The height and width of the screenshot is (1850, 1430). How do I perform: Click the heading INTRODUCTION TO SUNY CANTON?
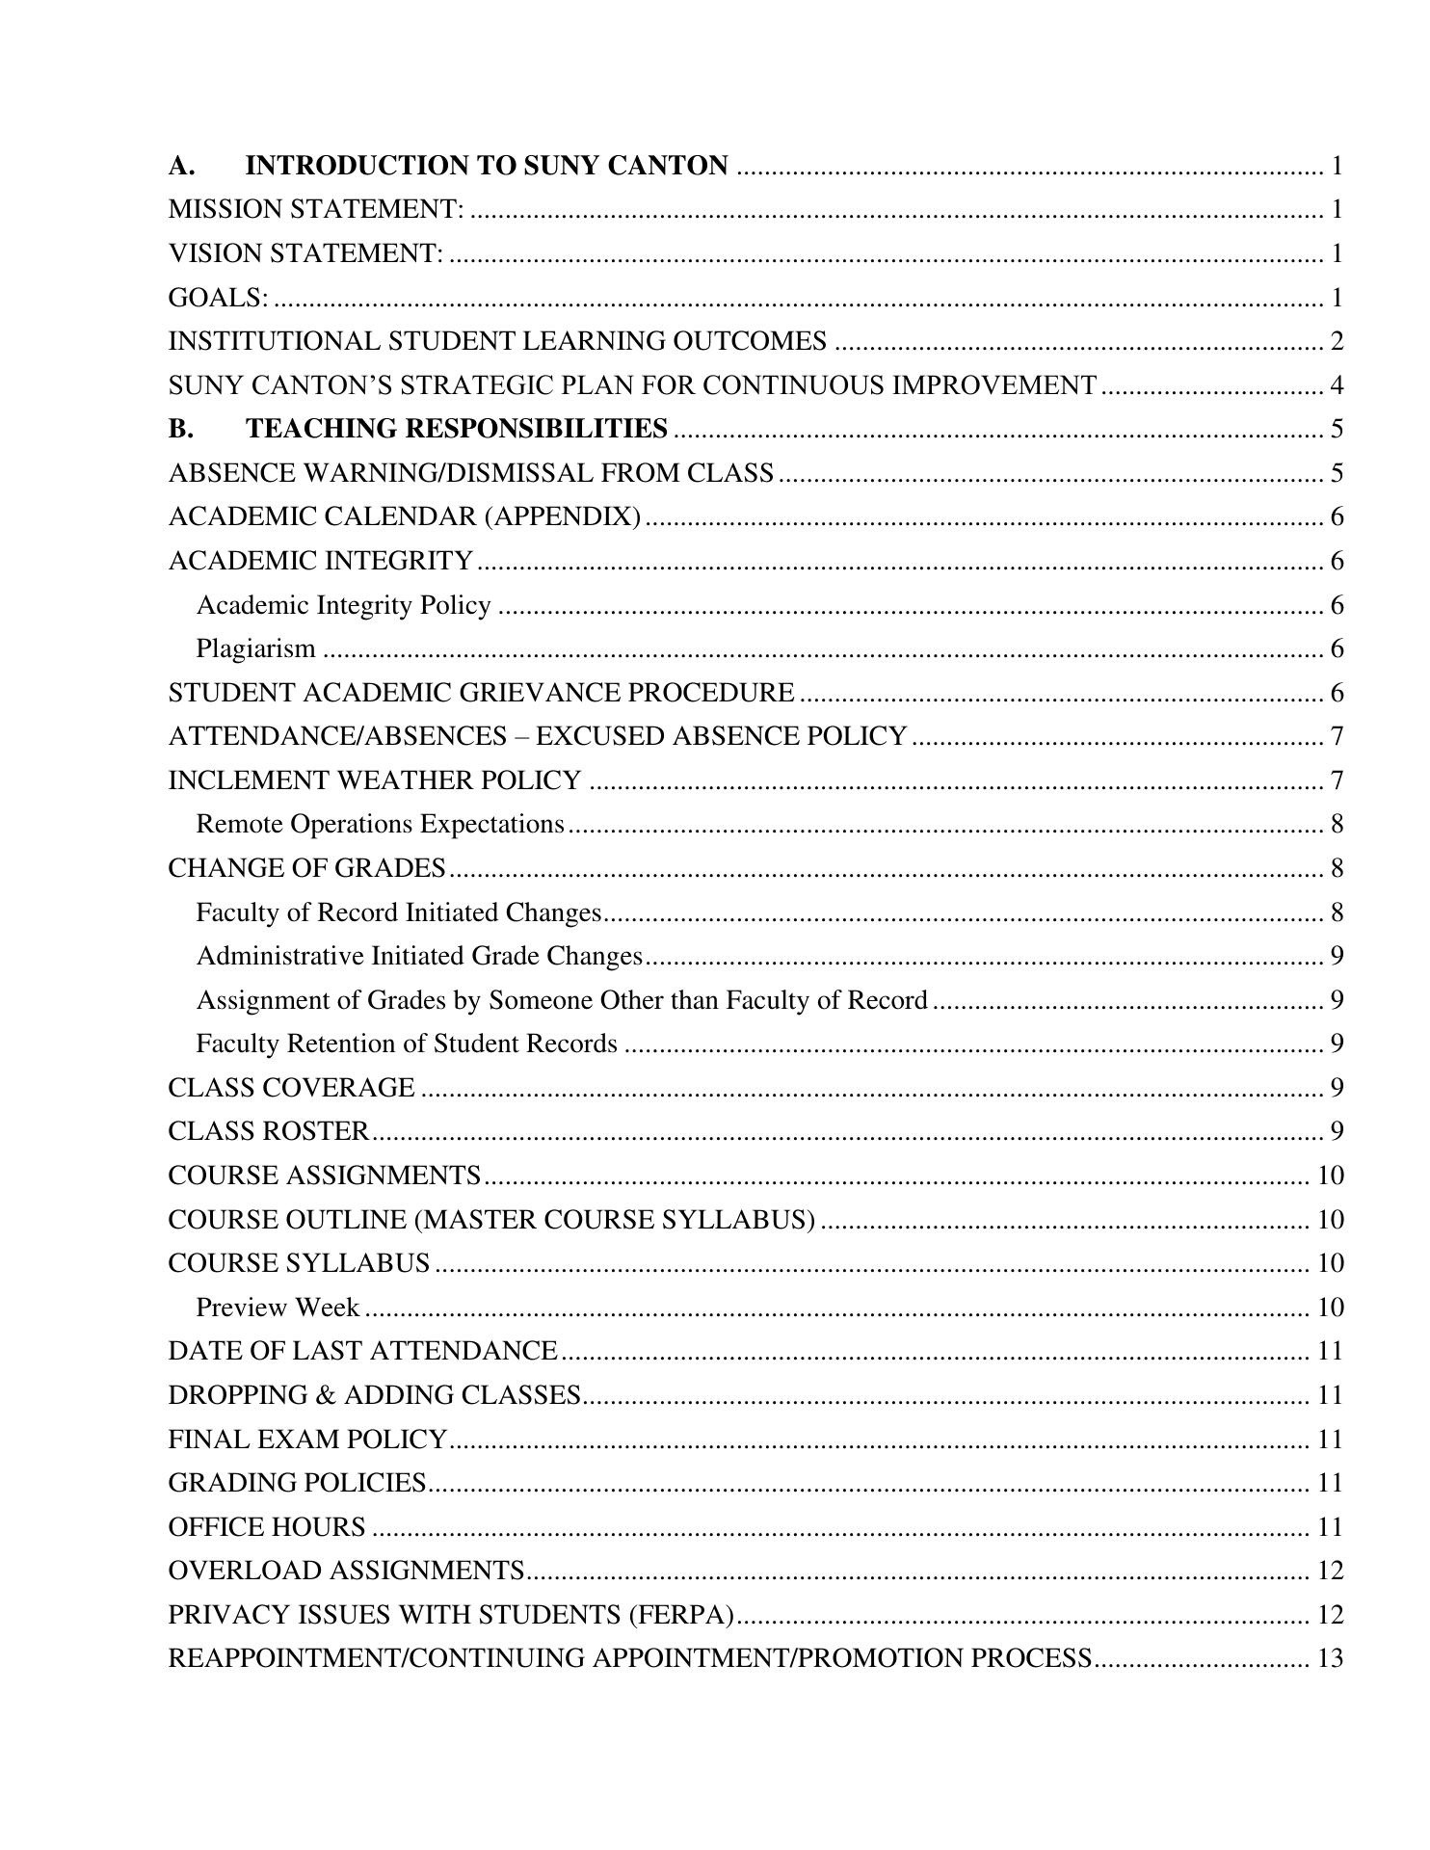click(x=487, y=166)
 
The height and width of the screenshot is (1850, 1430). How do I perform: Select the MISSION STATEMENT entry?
click(x=315, y=209)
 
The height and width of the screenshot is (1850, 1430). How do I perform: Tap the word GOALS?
click(x=218, y=298)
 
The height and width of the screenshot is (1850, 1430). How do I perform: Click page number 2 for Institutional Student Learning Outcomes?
click(x=1337, y=341)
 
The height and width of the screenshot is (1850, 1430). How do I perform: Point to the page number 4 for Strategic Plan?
click(x=1337, y=385)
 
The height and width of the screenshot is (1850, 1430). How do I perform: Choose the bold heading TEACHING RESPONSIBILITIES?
click(x=457, y=429)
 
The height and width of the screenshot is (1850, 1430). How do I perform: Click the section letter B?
click(x=180, y=429)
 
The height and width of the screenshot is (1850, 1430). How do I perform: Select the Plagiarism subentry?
click(x=255, y=648)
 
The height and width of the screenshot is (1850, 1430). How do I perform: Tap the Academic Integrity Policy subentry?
click(x=343, y=605)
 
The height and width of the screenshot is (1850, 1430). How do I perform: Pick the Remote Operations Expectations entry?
click(x=380, y=824)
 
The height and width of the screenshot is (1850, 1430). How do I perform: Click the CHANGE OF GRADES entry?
click(x=306, y=868)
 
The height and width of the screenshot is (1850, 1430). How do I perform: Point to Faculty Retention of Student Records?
click(x=407, y=1044)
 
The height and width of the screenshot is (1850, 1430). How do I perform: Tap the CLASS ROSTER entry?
click(x=268, y=1131)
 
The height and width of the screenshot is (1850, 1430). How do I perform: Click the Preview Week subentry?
click(x=278, y=1308)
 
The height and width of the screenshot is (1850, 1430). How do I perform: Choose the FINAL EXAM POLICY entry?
click(x=307, y=1440)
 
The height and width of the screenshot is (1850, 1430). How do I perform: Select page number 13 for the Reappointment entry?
click(x=1330, y=1658)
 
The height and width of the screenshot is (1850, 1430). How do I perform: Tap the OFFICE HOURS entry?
click(x=267, y=1527)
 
